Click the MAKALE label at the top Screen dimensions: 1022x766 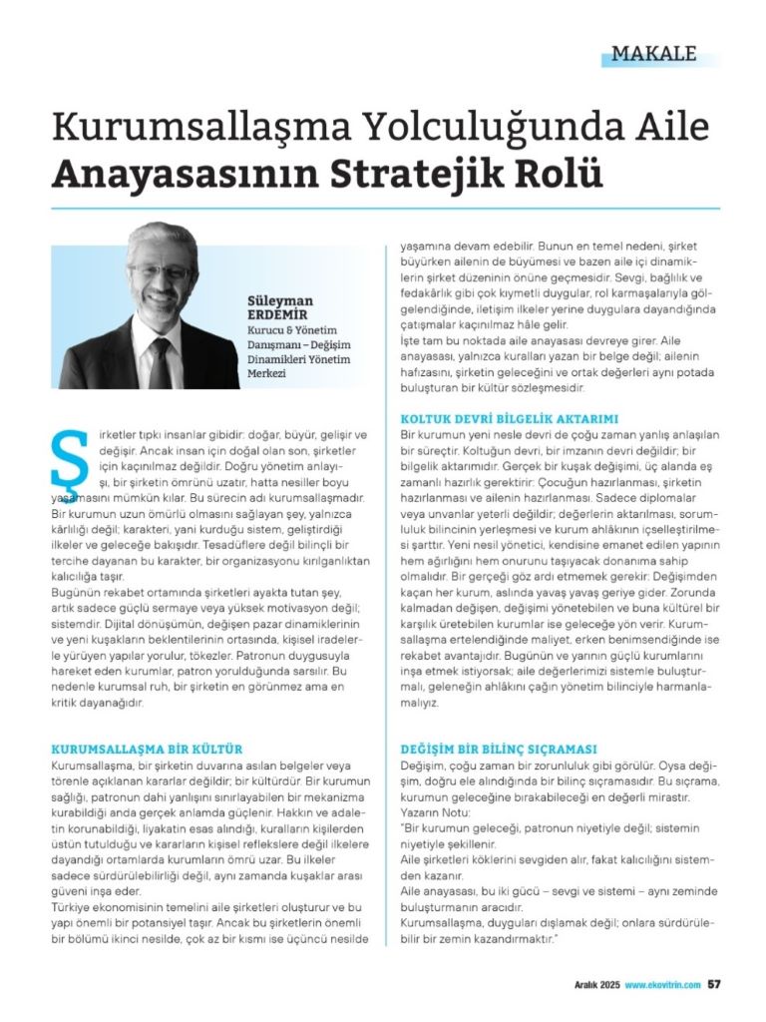(653, 54)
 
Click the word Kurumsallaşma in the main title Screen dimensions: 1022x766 (165, 128)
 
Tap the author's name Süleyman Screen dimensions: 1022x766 (279, 299)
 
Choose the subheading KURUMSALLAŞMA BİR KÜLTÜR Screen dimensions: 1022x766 (147, 748)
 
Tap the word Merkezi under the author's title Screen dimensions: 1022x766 (267, 373)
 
